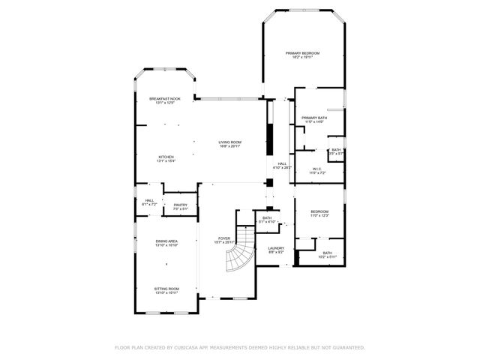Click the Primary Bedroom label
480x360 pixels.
click(303, 54)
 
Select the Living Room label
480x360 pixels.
click(229, 143)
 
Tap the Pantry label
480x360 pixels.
click(180, 205)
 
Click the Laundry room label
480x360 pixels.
click(276, 249)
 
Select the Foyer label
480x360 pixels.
click(224, 239)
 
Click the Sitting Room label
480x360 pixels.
click(166, 289)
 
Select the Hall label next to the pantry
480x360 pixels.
click(149, 201)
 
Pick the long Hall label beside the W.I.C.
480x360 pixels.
click(282, 165)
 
